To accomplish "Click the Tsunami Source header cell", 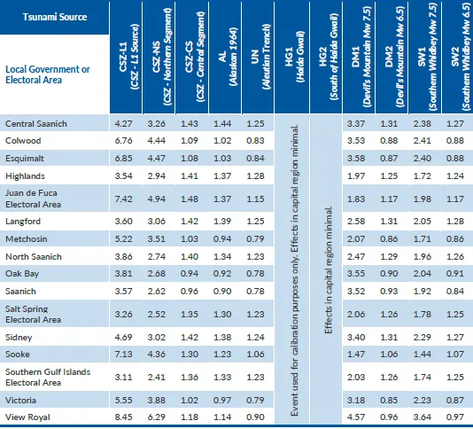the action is (x=55, y=17).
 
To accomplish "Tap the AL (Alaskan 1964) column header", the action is (x=228, y=57).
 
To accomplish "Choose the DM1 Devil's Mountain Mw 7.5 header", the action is (x=361, y=57).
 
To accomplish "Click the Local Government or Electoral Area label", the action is (x=48, y=74).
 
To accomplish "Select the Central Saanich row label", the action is (x=36, y=124).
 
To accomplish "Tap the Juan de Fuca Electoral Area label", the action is (x=33, y=199).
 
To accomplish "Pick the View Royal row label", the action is (x=27, y=417).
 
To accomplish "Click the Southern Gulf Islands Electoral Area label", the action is (x=48, y=377).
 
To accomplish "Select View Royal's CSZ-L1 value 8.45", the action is (x=123, y=417).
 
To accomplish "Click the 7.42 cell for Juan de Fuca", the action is (x=123, y=199).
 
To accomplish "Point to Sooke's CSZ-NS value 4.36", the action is (x=157, y=355).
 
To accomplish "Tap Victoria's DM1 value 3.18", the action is (x=356, y=401).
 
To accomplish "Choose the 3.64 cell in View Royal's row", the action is (x=422, y=417).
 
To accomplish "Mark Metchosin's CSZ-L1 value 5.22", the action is (x=123, y=238).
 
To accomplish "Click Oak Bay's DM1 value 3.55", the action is (x=356, y=274).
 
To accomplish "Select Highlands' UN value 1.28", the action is (x=255, y=176).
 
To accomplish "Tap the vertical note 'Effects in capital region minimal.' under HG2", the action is (x=329, y=270).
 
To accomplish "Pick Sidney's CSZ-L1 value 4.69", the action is (x=123, y=337).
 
